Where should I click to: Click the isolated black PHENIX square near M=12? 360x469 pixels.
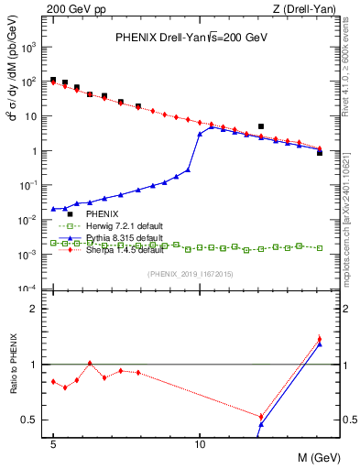click(261, 126)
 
